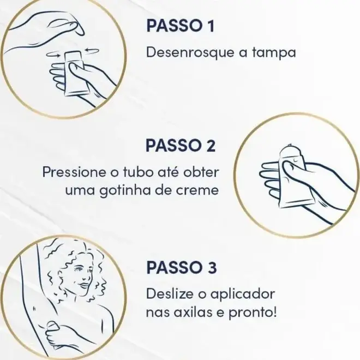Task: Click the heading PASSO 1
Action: coord(181,26)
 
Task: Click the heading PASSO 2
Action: coord(181,145)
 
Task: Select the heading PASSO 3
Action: coord(182,267)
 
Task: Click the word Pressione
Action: coord(75,172)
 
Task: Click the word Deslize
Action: coord(172,293)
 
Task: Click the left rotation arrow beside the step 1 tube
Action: coord(53,54)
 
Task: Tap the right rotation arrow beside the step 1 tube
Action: coord(92,51)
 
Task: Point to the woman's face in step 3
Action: coord(83,277)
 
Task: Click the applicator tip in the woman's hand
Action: coord(52,325)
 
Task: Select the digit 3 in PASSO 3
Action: coord(212,267)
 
